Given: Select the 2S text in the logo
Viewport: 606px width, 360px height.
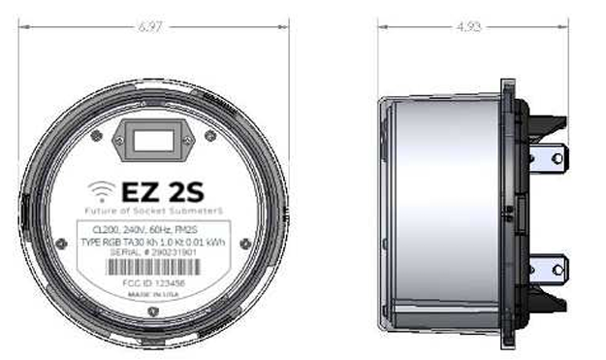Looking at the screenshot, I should (x=184, y=188).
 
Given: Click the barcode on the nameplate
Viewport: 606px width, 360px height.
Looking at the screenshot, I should (x=154, y=265).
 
